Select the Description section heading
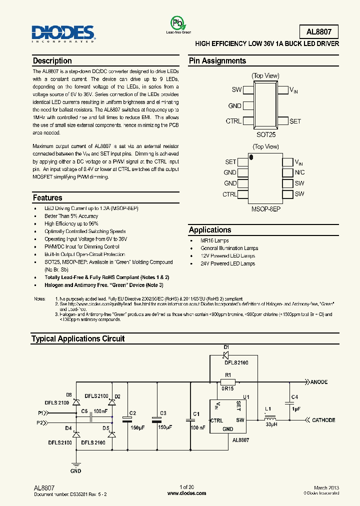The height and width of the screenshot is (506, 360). [x=52, y=61]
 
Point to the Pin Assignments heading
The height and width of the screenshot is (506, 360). [x=217, y=61]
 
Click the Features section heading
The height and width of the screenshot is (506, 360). [x=47, y=197]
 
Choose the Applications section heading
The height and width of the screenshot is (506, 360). [x=210, y=230]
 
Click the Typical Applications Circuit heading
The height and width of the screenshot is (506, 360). [x=78, y=338]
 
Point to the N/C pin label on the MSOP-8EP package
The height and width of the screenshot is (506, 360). [x=299, y=172]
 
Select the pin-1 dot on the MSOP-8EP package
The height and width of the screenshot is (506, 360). [x=251, y=157]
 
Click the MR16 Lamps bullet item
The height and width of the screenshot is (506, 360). [x=214, y=240]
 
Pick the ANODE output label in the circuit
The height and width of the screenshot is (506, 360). [x=318, y=382]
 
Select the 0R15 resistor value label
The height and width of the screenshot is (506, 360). [x=228, y=387]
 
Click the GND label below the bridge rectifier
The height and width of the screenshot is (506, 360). [x=75, y=471]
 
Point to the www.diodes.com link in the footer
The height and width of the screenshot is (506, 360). [x=186, y=493]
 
